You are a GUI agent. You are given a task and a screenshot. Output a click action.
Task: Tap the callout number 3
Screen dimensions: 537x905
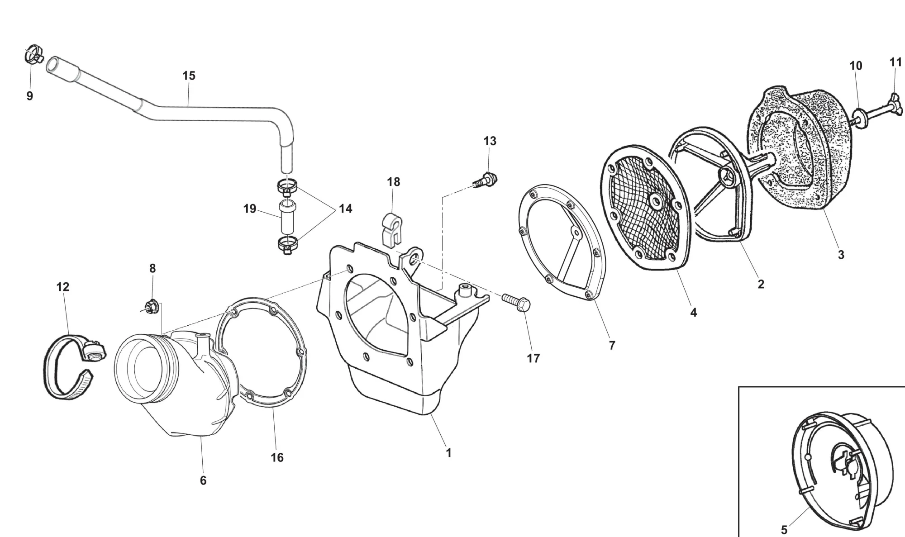(x=841, y=255)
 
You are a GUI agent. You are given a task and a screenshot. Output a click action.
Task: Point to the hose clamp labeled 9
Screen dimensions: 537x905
(x=33, y=55)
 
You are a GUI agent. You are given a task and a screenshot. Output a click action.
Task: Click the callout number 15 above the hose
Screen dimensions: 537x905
(x=189, y=76)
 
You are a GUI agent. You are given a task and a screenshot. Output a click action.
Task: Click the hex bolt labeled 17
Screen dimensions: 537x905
(x=516, y=301)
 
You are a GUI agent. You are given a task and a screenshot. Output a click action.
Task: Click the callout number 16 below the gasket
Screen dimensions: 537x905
(x=277, y=457)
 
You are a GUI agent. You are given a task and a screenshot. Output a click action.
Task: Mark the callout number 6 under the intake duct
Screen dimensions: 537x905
(x=203, y=480)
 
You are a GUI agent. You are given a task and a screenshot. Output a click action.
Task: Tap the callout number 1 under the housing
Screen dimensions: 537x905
(x=448, y=453)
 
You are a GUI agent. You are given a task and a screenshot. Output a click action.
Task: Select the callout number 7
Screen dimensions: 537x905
(x=612, y=345)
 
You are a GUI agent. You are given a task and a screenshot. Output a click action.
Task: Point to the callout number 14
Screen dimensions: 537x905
(x=345, y=209)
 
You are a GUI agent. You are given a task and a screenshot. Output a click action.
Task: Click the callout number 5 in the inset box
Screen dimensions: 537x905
(x=784, y=529)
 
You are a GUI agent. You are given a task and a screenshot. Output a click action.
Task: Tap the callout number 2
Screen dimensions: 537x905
(x=761, y=284)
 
